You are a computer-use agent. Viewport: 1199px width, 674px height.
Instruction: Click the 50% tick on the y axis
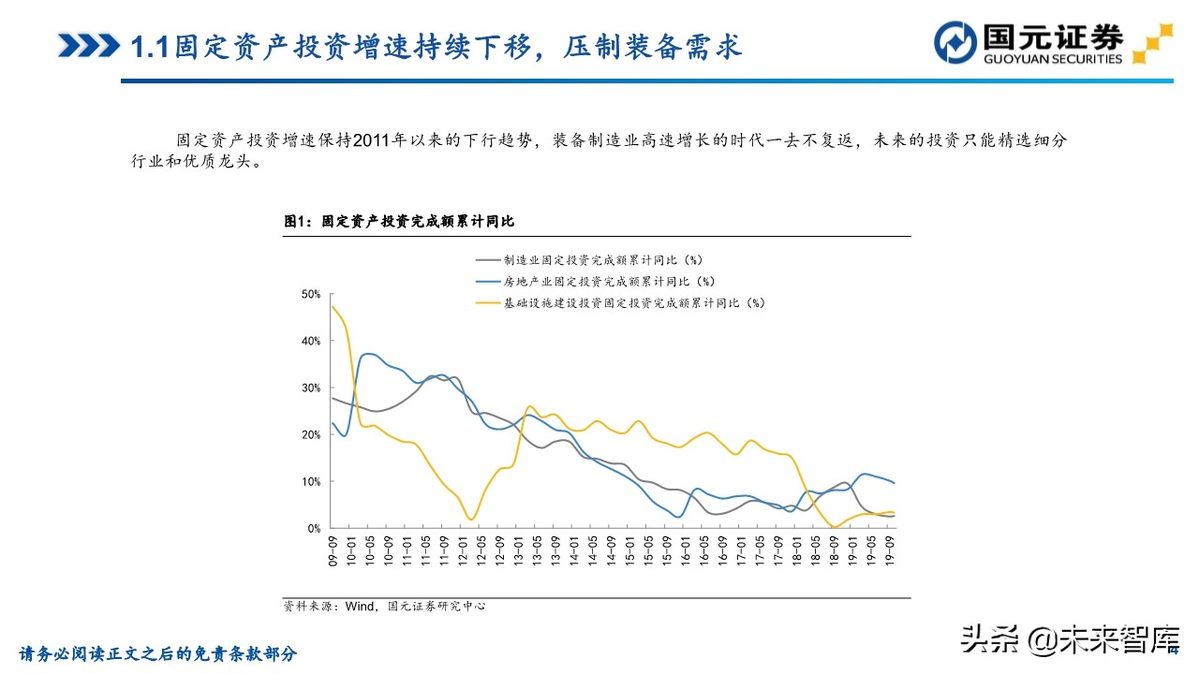coord(310,294)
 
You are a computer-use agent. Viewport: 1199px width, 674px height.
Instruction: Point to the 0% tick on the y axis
coord(313,528)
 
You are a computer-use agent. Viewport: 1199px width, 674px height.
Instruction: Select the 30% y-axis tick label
coord(310,388)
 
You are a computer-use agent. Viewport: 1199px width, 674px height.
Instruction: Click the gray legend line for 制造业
coord(488,259)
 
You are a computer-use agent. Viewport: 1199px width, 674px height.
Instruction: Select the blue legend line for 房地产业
coord(488,281)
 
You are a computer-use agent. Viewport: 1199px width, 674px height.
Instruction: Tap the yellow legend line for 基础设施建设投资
coord(488,302)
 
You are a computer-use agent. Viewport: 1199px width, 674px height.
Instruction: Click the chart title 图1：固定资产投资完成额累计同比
coord(399,222)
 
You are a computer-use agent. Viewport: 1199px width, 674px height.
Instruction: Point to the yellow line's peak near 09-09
coord(333,306)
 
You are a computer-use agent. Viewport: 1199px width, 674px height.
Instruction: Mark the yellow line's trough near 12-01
coord(471,519)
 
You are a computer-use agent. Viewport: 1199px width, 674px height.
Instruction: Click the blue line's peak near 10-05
coord(369,354)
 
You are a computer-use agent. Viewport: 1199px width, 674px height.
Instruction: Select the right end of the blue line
coord(894,483)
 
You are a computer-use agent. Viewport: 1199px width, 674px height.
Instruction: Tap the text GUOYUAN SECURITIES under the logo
coord(1052,59)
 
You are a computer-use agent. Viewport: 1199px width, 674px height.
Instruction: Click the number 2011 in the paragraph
coord(373,140)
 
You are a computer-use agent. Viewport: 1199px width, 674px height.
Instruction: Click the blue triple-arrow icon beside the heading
coord(88,45)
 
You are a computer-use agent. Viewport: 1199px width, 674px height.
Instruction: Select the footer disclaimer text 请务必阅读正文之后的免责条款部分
coord(158,653)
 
